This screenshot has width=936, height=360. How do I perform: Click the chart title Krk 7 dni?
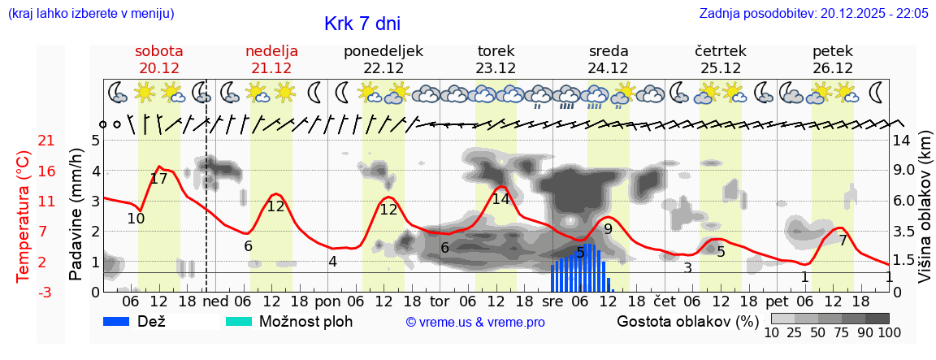[x=362, y=24]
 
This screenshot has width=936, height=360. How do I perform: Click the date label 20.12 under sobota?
[x=159, y=68]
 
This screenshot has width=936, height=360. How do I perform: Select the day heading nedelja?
[x=271, y=51]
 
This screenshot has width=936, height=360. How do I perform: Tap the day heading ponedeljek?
[x=383, y=51]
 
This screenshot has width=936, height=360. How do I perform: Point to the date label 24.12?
[x=609, y=68]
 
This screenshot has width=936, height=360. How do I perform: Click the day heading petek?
[x=833, y=51]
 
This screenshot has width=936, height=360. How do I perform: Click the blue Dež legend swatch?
[x=122, y=321]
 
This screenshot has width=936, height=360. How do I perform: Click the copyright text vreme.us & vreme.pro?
[x=475, y=323]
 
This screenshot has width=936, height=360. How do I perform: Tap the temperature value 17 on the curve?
[x=158, y=179]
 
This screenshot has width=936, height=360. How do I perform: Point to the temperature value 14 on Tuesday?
[x=500, y=198]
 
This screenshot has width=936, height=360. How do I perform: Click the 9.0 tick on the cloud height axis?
[x=904, y=171]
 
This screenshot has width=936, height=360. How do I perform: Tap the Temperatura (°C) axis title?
[x=23, y=217]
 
